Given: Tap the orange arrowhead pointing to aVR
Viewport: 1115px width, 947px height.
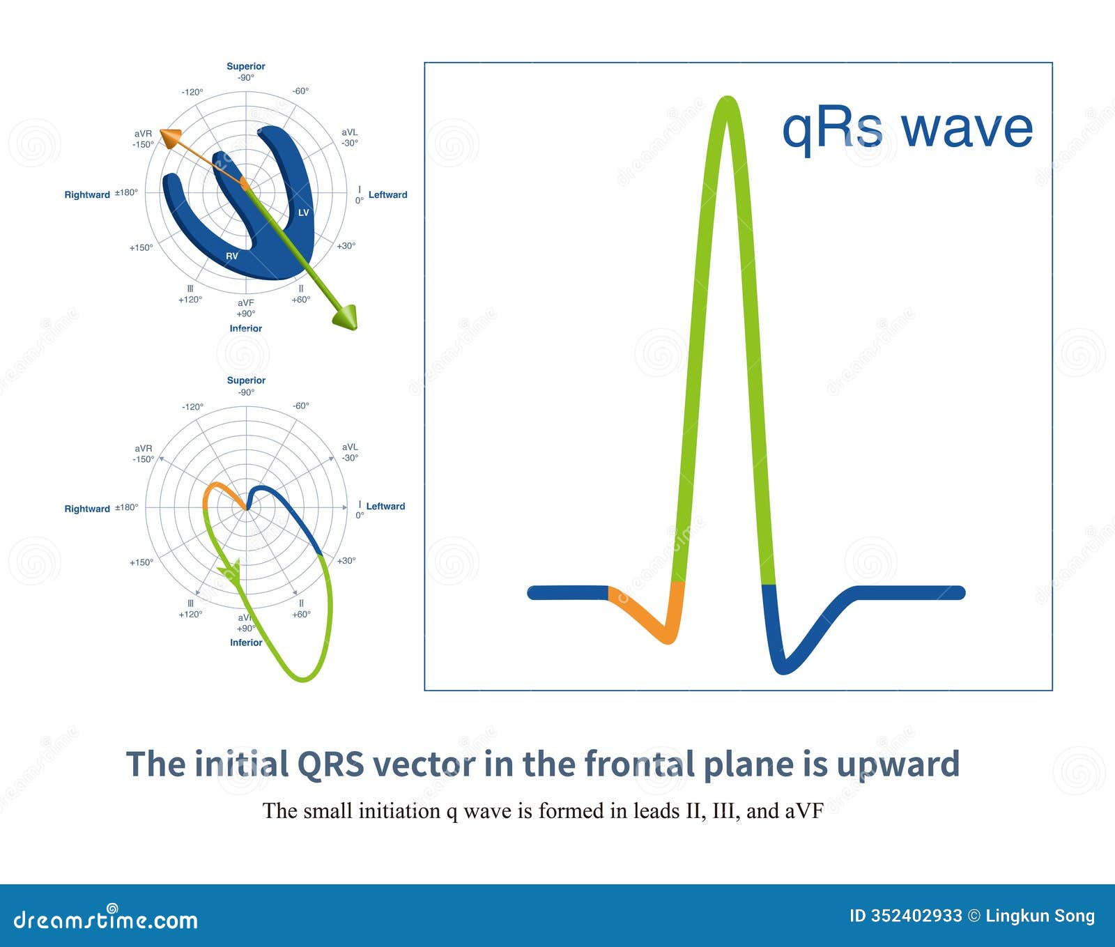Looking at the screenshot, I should tap(169, 137).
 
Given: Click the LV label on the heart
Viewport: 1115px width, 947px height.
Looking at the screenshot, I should tap(303, 213).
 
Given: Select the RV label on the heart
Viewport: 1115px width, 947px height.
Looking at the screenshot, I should tap(232, 256).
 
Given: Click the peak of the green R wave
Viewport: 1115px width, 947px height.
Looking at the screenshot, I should tap(727, 101).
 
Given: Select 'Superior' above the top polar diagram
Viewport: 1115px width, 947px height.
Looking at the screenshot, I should tap(245, 66).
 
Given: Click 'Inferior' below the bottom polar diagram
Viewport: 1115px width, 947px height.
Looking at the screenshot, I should tap(246, 642).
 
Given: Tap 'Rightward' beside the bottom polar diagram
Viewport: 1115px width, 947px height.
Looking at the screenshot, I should tap(87, 509).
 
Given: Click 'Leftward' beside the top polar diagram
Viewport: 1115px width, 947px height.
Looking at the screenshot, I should tap(387, 194).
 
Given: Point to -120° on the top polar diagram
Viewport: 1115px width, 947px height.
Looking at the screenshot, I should tap(192, 92).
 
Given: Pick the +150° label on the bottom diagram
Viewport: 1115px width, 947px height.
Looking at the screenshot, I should tap(141, 562).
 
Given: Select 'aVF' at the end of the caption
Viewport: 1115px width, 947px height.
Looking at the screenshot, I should tap(803, 811).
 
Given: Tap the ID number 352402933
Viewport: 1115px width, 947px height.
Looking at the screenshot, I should tap(916, 916).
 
